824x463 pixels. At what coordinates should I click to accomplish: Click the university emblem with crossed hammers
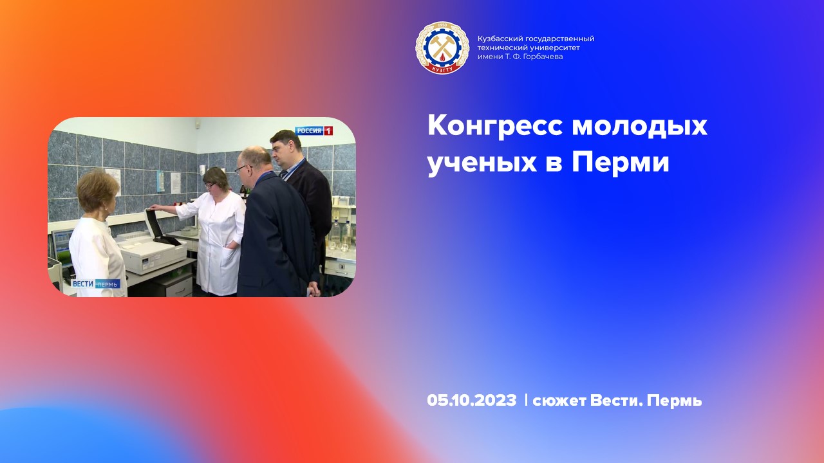(442, 48)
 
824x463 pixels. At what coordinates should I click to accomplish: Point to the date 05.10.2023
(471, 401)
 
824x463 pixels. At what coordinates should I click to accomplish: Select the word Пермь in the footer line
(674, 401)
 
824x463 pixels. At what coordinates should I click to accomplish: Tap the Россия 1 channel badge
(314, 131)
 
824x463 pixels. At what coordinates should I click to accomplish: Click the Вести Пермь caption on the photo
(95, 284)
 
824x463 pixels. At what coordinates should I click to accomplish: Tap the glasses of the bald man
(241, 168)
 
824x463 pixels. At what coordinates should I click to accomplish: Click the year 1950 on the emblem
(442, 26)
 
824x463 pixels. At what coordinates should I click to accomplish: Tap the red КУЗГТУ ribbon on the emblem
(442, 68)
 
